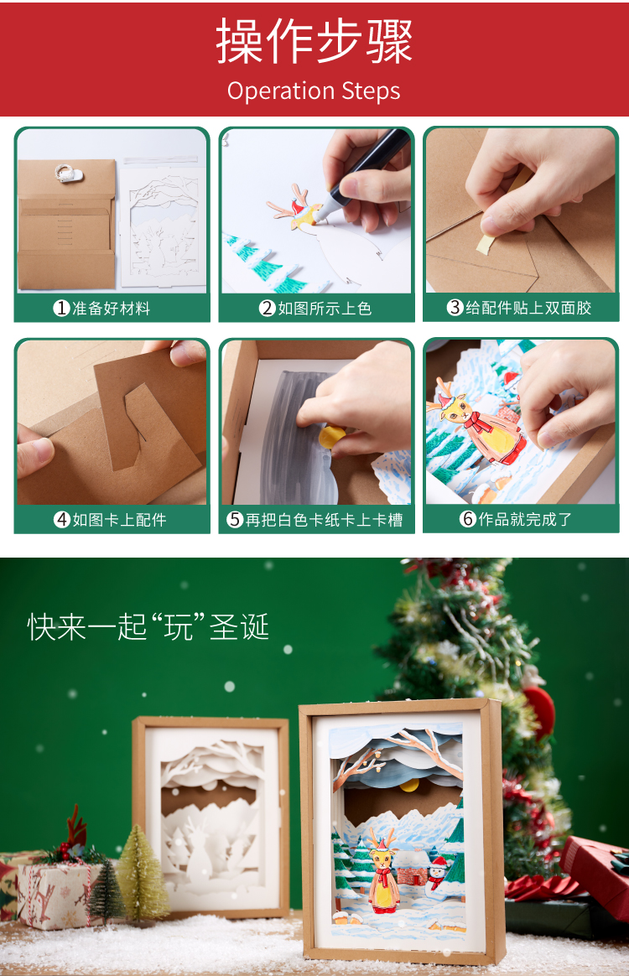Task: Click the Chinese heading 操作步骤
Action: click(x=314, y=41)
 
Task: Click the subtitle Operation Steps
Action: click(x=314, y=91)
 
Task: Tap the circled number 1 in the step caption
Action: click(x=61, y=308)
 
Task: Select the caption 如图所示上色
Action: click(x=325, y=308)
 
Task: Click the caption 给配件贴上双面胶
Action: click(x=528, y=308)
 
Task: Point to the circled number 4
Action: click(x=62, y=519)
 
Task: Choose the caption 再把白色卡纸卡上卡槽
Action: click(x=324, y=520)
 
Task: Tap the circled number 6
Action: click(x=468, y=518)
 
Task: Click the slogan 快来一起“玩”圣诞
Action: click(x=148, y=627)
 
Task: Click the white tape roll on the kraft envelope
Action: click(x=67, y=173)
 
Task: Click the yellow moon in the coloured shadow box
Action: click(x=409, y=785)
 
